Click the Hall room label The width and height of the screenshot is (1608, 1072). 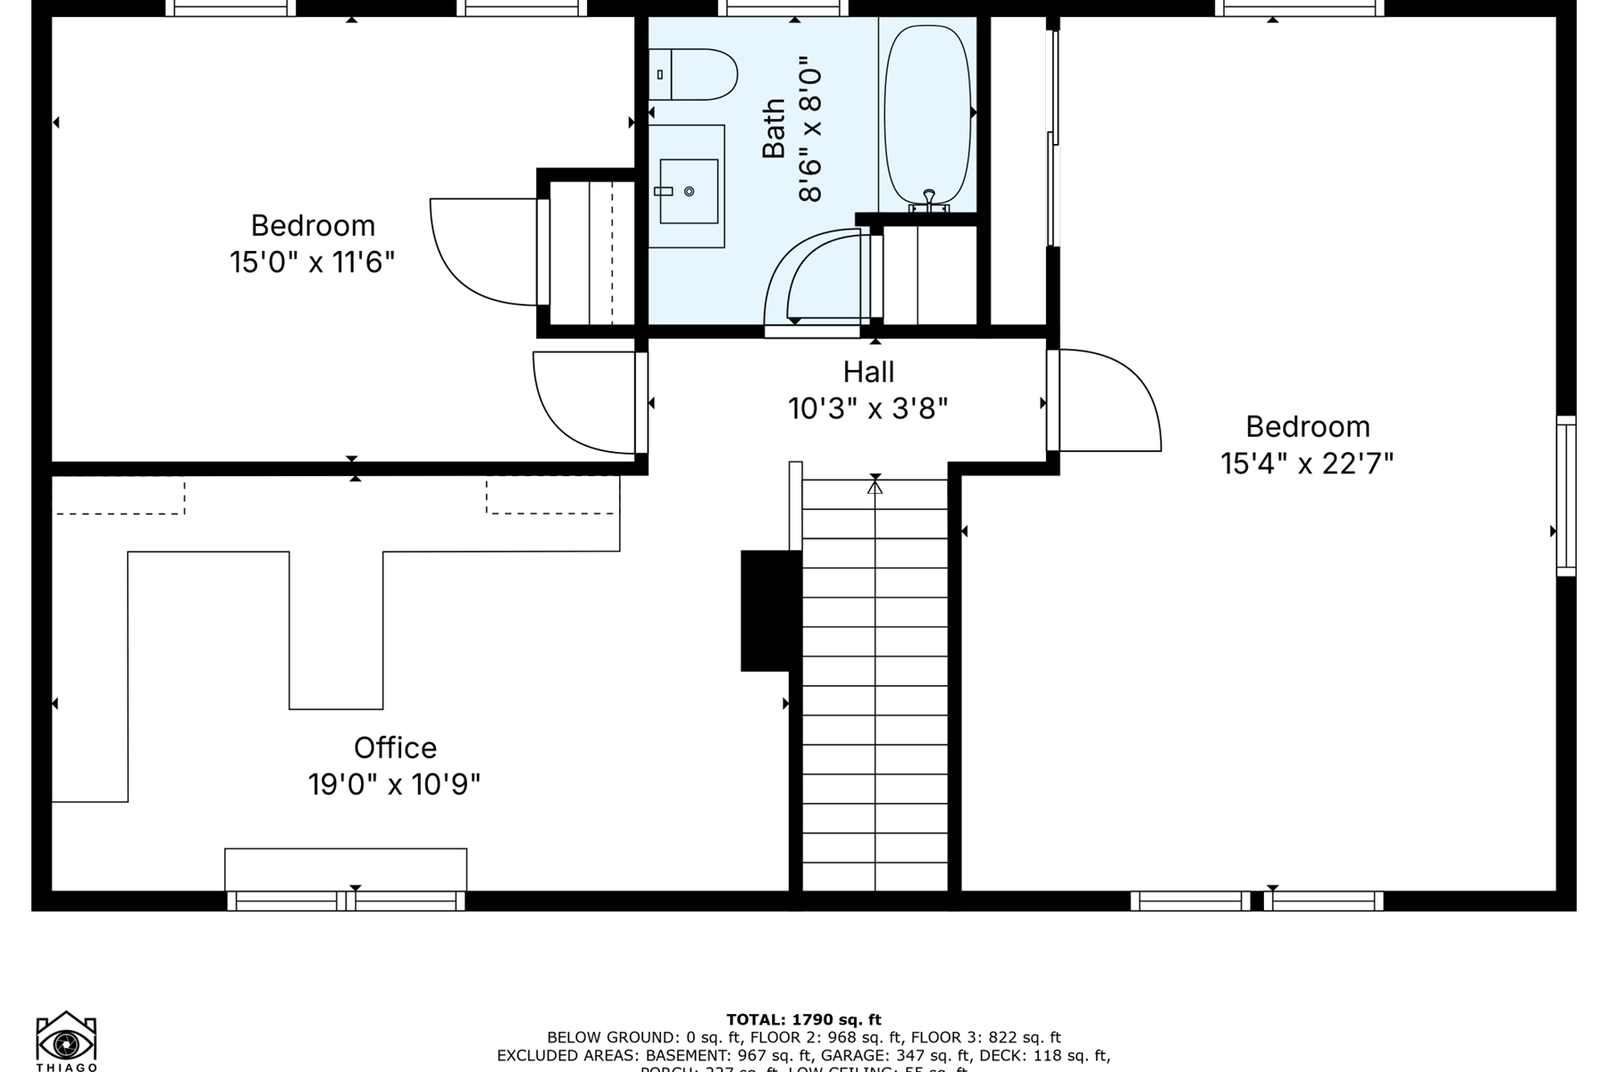(868, 372)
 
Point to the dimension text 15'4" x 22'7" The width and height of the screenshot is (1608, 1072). (1307, 464)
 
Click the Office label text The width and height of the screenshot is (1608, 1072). (395, 748)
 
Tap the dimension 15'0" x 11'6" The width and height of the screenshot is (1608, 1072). (312, 263)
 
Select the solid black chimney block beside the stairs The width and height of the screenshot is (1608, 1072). (770, 610)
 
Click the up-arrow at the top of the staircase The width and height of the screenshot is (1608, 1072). (875, 487)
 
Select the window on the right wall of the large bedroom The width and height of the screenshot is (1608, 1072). (1566, 496)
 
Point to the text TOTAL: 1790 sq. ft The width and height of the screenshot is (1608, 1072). (803, 1019)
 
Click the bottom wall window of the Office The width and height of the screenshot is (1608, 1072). (347, 900)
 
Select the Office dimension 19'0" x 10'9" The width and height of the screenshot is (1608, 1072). (395, 784)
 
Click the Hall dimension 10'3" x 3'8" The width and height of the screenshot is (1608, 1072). (868, 409)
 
